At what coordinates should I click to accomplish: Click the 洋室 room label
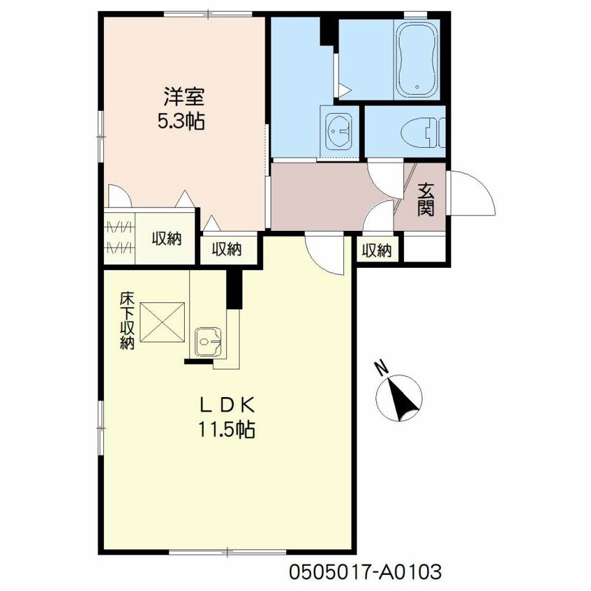tap(183, 97)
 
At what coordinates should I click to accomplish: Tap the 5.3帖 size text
tap(181, 121)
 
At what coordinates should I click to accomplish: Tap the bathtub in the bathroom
tap(417, 59)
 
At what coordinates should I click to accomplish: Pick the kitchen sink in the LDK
tap(209, 342)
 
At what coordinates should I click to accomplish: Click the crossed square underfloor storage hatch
tap(163, 322)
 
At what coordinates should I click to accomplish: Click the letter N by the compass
tap(382, 368)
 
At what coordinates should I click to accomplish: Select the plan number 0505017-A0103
tap(364, 571)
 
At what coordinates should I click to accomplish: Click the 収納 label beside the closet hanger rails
tap(167, 239)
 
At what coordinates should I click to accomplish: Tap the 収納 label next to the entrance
tap(377, 251)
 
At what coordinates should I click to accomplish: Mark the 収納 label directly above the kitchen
tap(227, 249)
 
